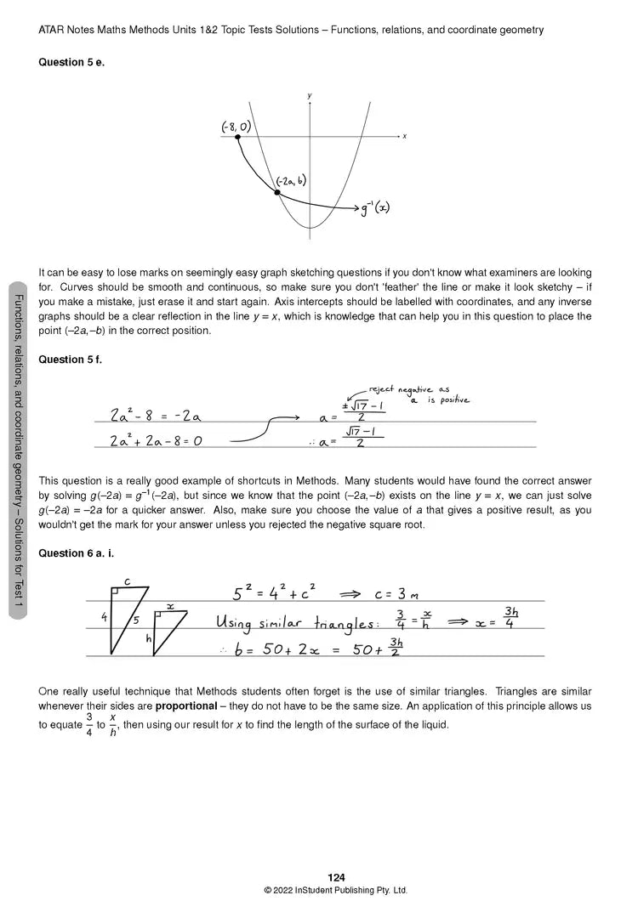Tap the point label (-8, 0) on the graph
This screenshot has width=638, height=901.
pos(236,127)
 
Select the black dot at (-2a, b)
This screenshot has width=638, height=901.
pos(276,193)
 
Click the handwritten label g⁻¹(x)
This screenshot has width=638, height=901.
pos(375,207)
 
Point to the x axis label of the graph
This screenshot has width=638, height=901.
pos(404,136)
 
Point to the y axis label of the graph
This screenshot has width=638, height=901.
pos(309,95)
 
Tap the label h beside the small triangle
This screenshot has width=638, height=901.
pos(148,637)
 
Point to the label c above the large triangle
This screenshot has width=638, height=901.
pos(126,581)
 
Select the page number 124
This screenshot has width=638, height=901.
pos(336,877)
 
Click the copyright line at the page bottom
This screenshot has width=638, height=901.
pos(336,890)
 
